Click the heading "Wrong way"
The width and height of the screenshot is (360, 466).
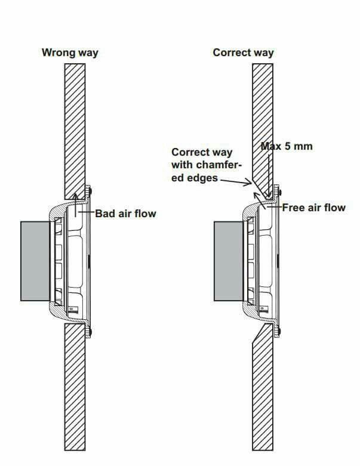(70, 53)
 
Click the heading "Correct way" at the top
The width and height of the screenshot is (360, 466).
(243, 53)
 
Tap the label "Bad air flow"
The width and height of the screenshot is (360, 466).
(125, 214)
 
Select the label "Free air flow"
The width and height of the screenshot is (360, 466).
(313, 208)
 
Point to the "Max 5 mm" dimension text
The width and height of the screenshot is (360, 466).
(287, 146)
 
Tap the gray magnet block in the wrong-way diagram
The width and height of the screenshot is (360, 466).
(35, 261)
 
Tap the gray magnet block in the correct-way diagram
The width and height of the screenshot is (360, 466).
(229, 261)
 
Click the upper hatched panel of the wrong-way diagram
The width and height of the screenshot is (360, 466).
(75, 131)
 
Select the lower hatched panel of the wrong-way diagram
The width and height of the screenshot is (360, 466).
(75, 387)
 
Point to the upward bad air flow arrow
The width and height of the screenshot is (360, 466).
(75, 205)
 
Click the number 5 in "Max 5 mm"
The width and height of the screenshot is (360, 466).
(288, 146)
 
